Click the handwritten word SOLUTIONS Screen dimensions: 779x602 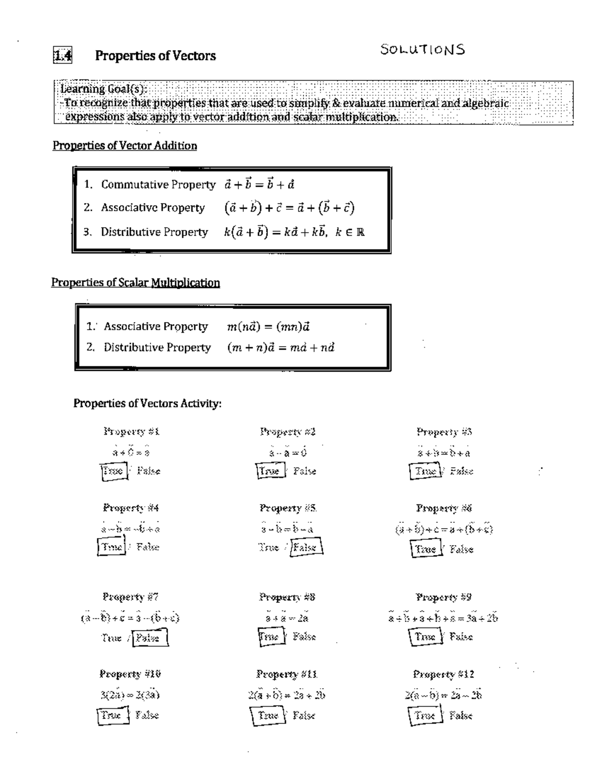(422, 50)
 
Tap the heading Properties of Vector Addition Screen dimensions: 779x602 (125, 146)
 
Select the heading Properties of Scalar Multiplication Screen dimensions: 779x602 (135, 282)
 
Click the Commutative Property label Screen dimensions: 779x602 (158, 185)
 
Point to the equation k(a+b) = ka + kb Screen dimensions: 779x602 (294, 232)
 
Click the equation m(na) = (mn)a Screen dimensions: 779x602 (268, 327)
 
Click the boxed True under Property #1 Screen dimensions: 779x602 (113, 472)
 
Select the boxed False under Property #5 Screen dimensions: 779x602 (306, 547)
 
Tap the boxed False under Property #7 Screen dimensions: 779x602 (149, 638)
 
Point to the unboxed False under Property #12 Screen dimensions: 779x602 (461, 716)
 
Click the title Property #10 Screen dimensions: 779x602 (130, 674)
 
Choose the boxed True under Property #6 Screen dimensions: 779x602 (425, 549)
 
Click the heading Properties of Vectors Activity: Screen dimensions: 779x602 (147, 403)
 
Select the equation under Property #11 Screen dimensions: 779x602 (286, 695)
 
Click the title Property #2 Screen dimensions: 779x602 (287, 431)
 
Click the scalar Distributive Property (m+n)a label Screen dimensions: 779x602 (157, 348)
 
